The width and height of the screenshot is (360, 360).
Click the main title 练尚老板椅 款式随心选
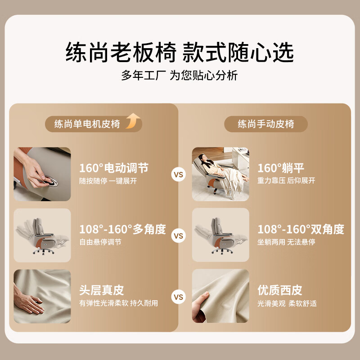coord(180,52)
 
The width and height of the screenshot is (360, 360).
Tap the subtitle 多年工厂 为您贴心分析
coord(180,75)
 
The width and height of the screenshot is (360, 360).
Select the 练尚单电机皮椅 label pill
coord(94,124)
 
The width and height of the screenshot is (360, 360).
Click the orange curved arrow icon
coord(133,121)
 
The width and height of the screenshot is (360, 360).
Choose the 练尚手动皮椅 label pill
coord(266,124)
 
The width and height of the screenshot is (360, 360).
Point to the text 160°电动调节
coord(114,168)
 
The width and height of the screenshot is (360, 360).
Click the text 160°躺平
coord(281,168)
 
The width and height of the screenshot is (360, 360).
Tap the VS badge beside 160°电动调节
coord(178,174)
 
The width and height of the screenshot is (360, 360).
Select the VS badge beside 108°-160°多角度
coord(178,235)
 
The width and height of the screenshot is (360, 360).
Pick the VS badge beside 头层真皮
coord(178,297)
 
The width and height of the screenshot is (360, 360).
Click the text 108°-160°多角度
coord(122,229)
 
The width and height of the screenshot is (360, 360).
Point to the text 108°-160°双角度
coord(301,229)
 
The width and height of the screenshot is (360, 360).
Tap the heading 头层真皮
coord(102,290)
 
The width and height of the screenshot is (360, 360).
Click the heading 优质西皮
coord(279,290)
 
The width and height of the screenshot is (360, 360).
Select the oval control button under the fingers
coord(50,181)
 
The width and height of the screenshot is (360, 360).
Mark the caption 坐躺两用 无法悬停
coord(286,242)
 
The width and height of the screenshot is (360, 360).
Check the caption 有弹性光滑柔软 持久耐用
coord(118,303)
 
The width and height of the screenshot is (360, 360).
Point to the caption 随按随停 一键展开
coord(108,181)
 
